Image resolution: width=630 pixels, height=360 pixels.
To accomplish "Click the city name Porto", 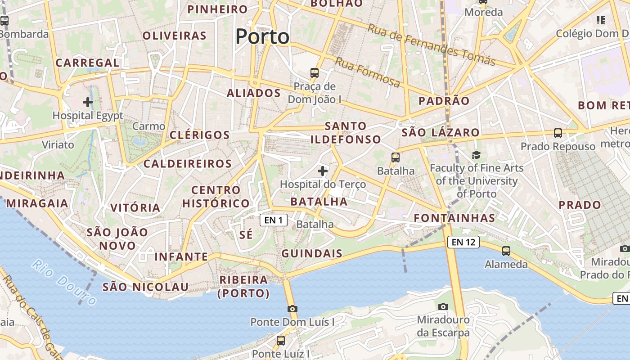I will (262, 36).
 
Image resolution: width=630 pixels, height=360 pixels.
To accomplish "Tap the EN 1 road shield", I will (274, 220).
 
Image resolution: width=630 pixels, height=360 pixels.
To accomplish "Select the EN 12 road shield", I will (463, 242).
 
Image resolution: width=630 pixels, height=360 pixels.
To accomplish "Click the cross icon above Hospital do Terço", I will (323, 171).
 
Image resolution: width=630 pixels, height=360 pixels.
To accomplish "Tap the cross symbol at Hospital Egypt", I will (88, 102).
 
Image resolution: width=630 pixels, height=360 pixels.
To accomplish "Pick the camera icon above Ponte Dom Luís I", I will (292, 309).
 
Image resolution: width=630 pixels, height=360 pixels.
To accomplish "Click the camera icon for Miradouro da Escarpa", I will (443, 306).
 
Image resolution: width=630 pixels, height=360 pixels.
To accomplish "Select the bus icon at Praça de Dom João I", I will (315, 72).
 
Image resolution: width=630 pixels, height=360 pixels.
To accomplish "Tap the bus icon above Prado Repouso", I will (558, 133).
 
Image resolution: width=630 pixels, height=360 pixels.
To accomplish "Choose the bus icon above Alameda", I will (506, 251).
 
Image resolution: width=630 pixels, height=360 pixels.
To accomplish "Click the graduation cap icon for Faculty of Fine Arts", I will (476, 155).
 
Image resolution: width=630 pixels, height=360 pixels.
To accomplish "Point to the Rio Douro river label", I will (64, 282).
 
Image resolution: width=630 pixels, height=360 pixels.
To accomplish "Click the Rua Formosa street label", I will (367, 72).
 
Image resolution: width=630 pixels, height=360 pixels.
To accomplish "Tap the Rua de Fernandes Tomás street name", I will (432, 44).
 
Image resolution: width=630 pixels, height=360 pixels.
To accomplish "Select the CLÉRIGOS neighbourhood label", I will (200, 135).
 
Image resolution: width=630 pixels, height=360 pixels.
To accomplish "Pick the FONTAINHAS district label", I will (454, 218).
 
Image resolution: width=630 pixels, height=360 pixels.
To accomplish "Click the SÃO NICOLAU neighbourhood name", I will (145, 287).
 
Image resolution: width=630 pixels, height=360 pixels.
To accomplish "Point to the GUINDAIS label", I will (312, 253).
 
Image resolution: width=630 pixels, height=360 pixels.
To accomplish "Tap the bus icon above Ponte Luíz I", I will (281, 340).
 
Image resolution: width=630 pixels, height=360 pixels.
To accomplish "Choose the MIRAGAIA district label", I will (37, 203).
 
